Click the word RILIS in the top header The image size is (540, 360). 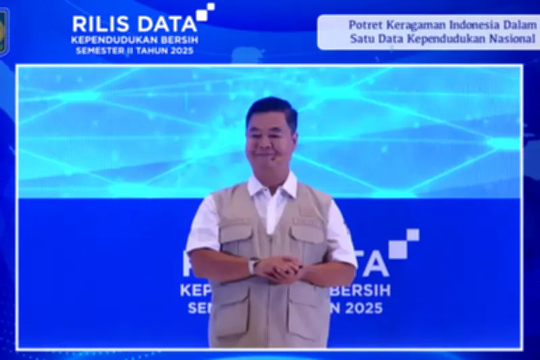[x=97, y=24]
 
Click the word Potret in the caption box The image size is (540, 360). [x=365, y=25]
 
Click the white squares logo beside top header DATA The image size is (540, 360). [x=205, y=12]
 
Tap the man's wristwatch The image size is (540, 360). [x=254, y=265]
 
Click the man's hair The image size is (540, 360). [x=271, y=108]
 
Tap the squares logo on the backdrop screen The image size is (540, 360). [x=403, y=244]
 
